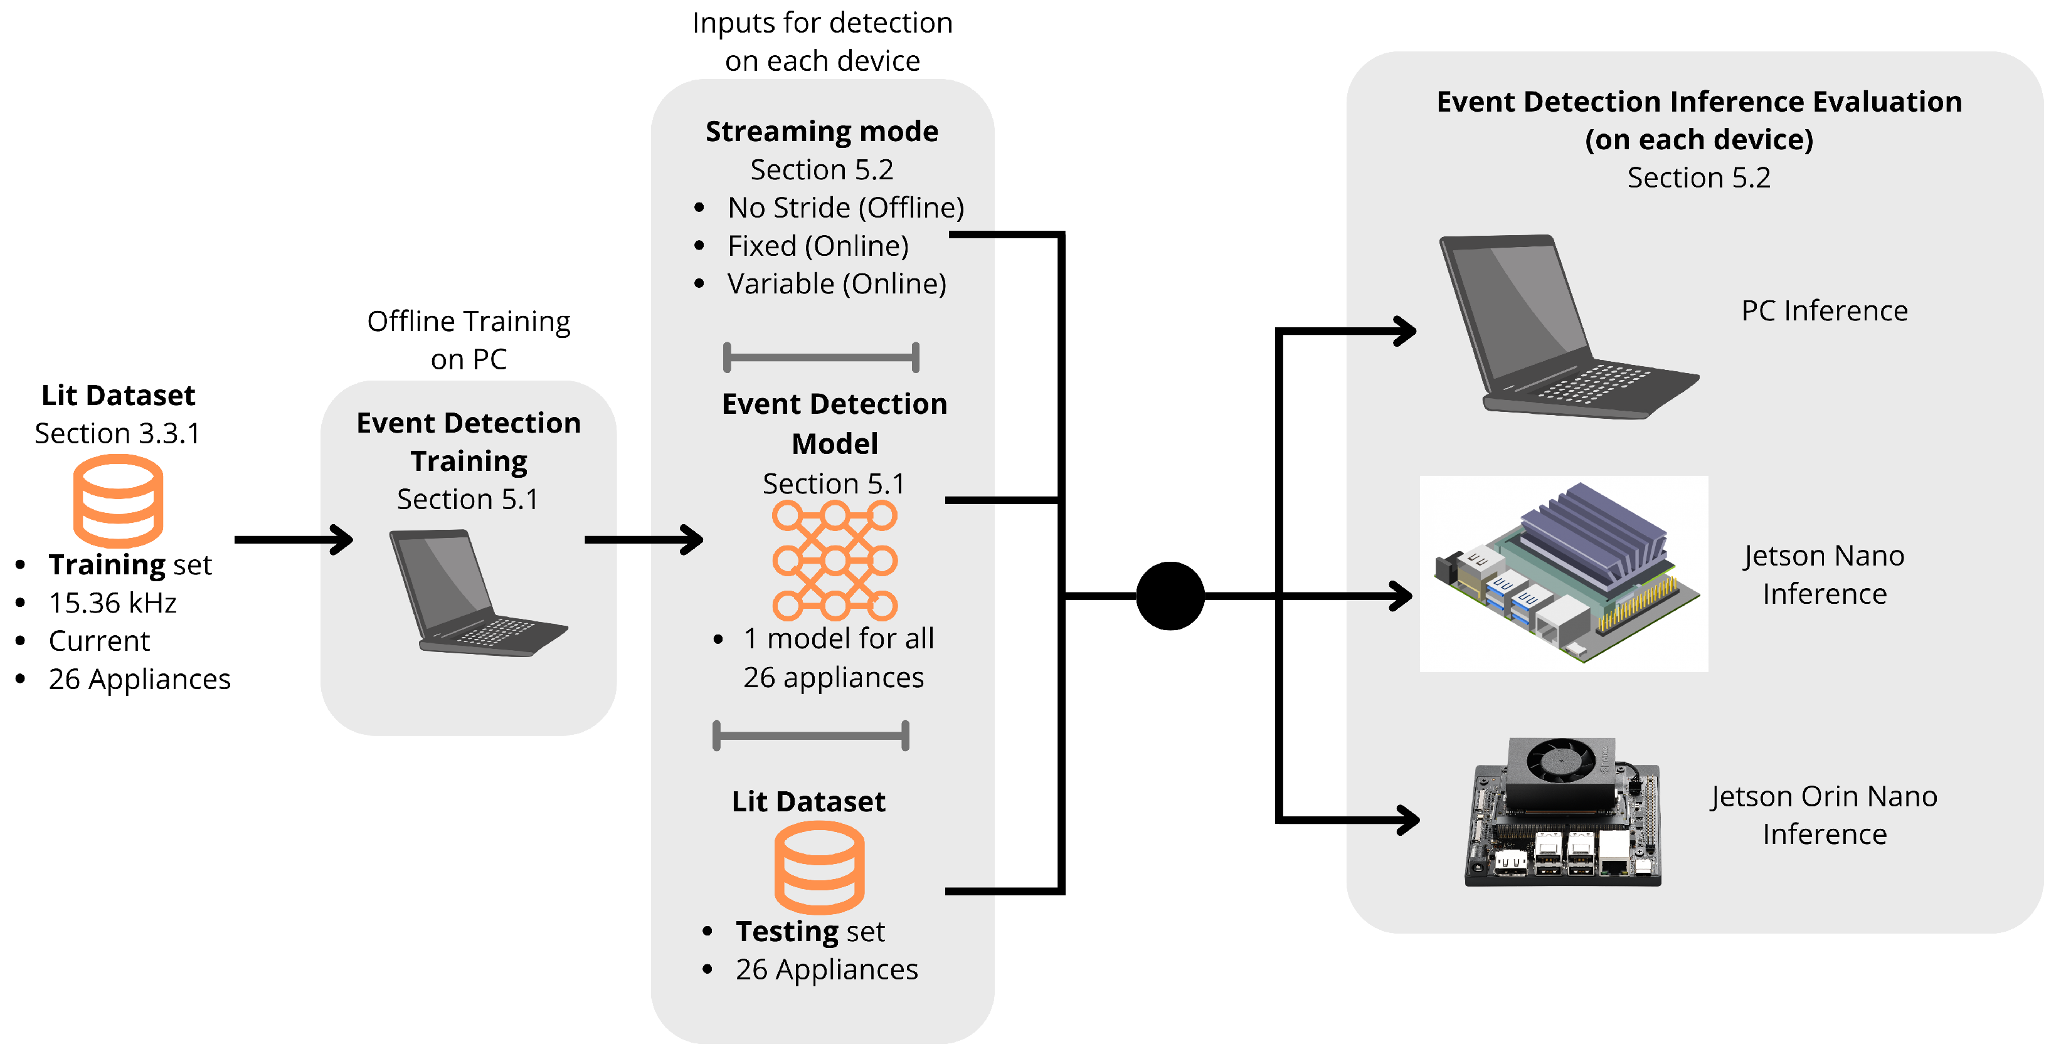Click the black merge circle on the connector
(1170, 596)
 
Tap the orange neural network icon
(834, 561)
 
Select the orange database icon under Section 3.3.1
(119, 501)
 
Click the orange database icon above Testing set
(819, 868)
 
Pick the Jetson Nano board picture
(1564, 574)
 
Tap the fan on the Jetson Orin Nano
(1560, 759)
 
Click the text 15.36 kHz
(113, 603)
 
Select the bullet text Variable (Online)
(836, 284)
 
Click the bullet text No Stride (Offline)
(845, 208)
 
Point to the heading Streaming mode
(822, 132)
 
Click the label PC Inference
(1824, 311)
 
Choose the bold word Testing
(787, 932)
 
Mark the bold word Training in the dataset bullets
(107, 565)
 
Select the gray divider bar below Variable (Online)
(821, 357)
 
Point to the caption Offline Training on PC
(469, 340)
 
